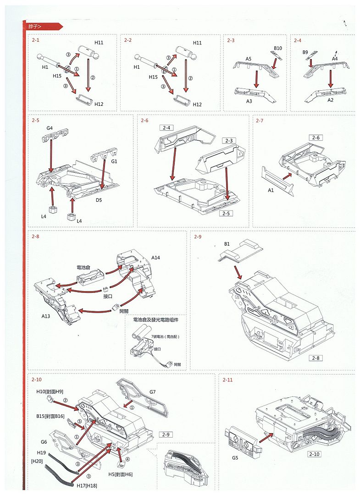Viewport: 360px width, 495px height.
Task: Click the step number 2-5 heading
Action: [x=36, y=121]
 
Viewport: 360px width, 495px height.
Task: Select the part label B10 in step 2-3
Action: [x=278, y=48]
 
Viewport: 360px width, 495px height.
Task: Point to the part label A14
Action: [x=156, y=258]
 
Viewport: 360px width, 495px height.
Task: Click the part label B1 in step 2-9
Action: [x=227, y=244]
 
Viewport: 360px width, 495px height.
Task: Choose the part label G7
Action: [x=153, y=391]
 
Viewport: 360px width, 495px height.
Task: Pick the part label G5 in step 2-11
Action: [x=235, y=457]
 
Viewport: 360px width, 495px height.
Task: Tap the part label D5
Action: [x=99, y=200]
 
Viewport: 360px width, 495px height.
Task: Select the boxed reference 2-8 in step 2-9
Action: [x=316, y=357]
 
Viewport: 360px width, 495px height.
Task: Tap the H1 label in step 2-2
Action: [x=137, y=67]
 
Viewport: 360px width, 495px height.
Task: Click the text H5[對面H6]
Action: [x=120, y=474]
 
